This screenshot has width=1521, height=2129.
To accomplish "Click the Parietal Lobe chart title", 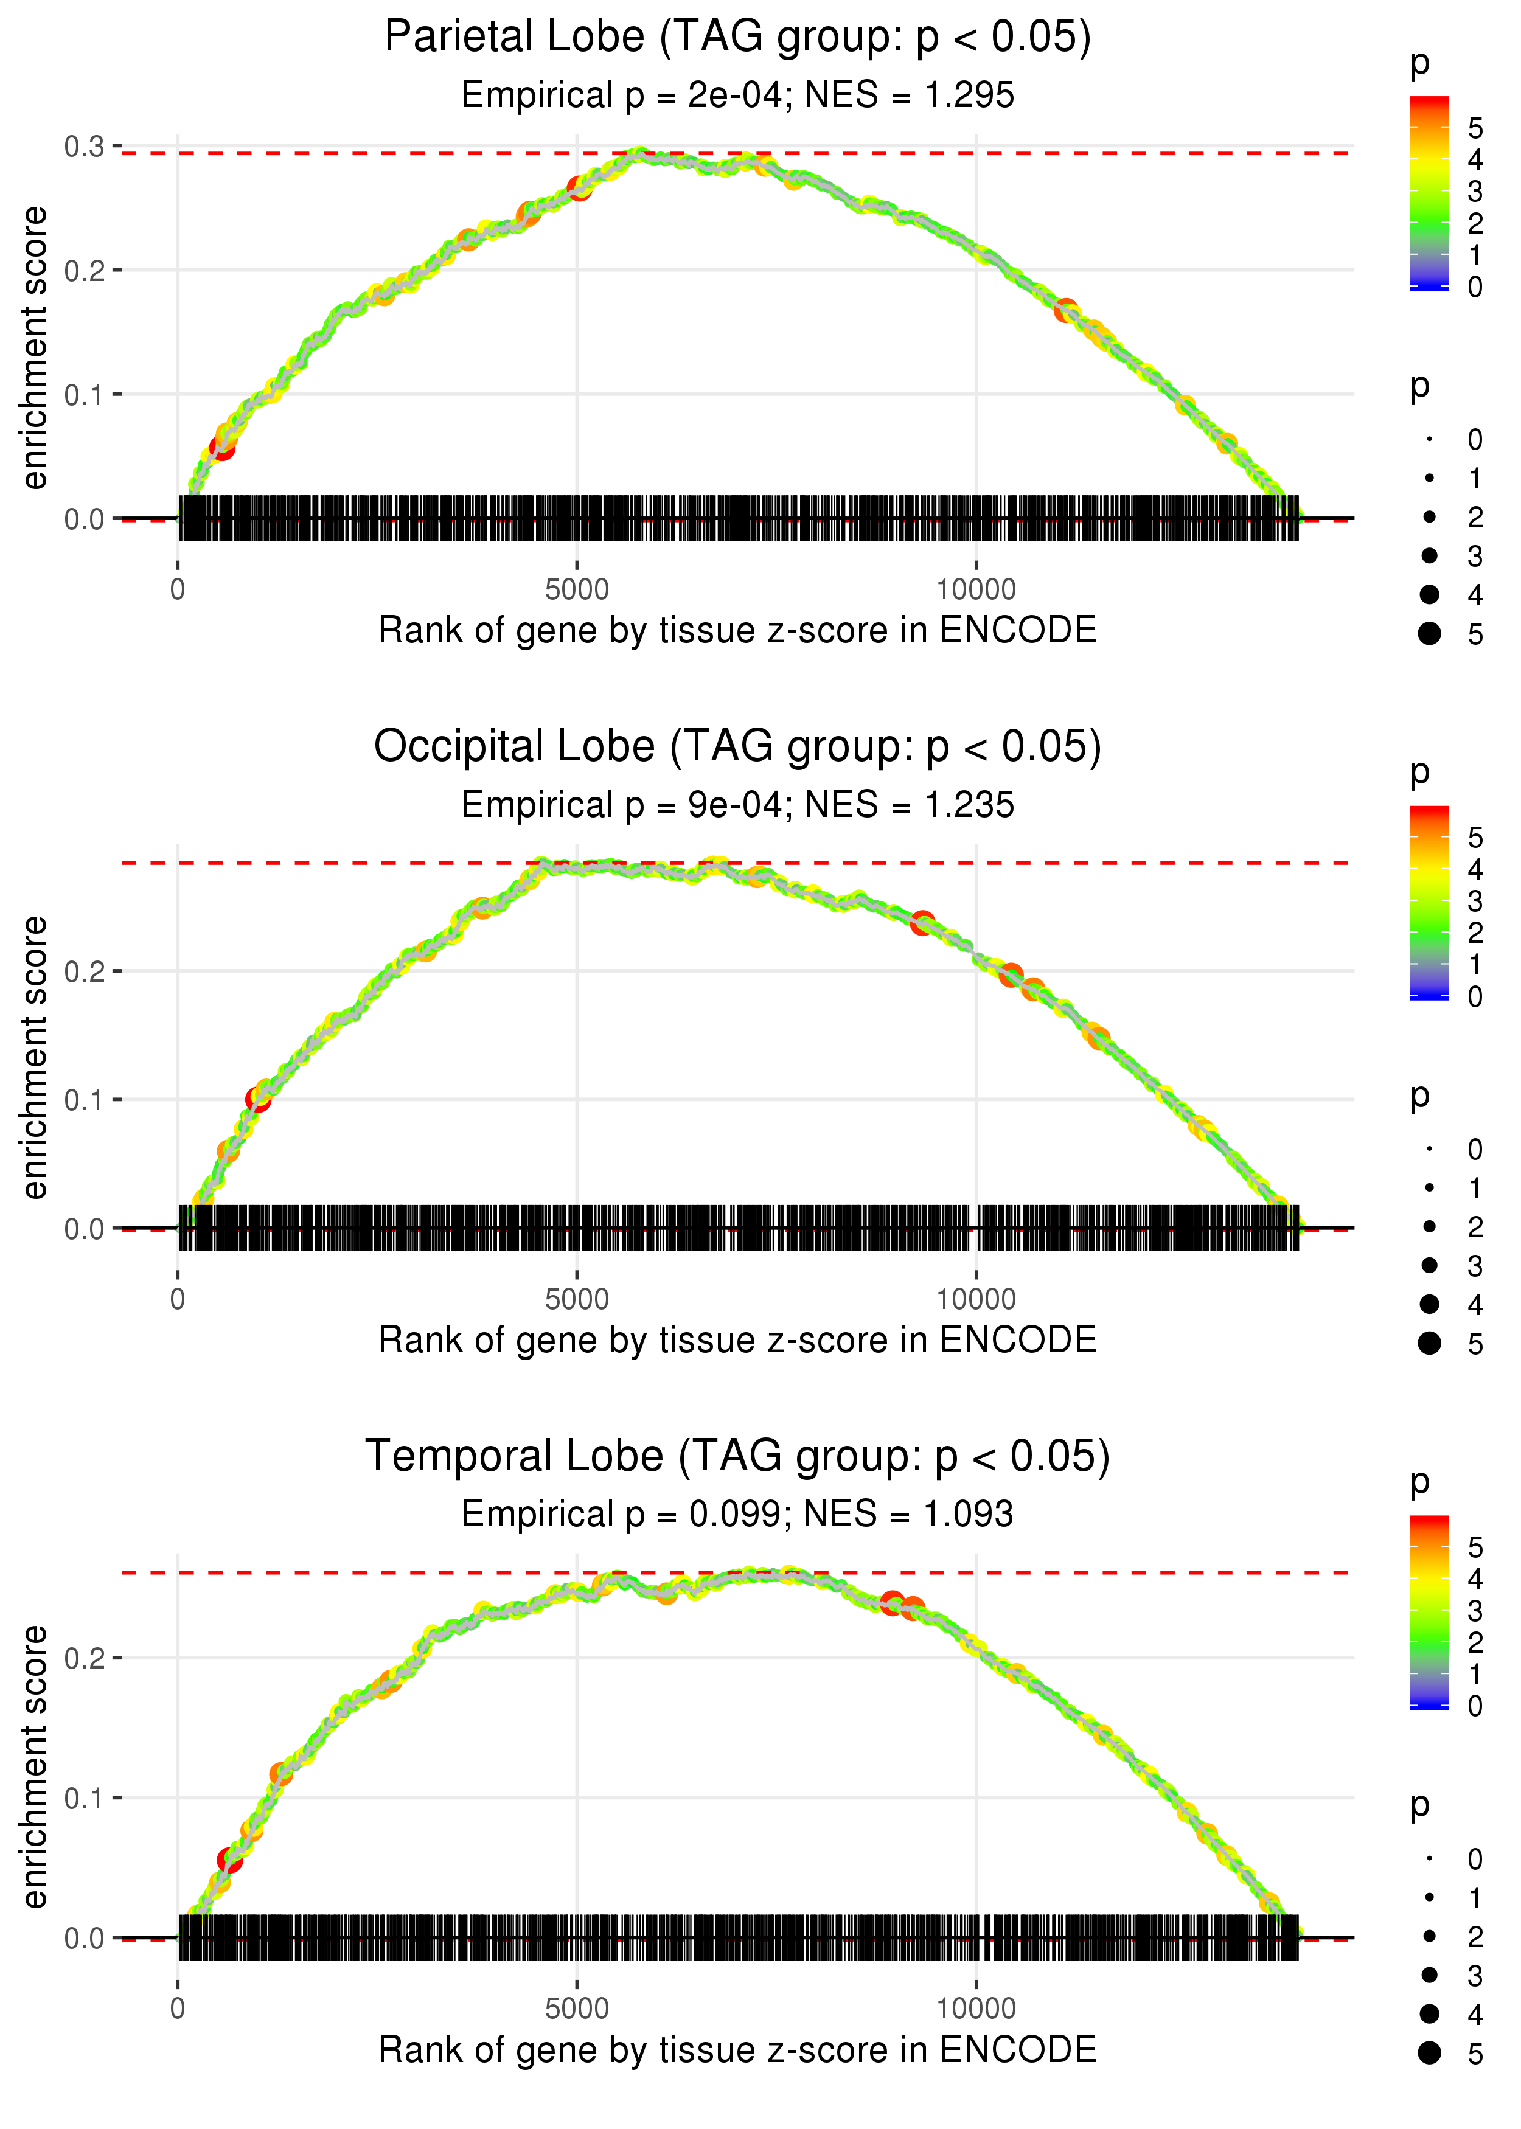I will click(737, 38).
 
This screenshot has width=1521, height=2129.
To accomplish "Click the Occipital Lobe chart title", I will click(737, 747).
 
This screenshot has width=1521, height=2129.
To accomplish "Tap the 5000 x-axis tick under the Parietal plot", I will click(577, 590).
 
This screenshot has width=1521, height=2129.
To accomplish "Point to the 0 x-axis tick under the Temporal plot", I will click(178, 2008).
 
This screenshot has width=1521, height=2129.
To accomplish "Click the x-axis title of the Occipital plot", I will click(737, 1340).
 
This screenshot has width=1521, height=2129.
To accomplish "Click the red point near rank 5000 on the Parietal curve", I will click(580, 188).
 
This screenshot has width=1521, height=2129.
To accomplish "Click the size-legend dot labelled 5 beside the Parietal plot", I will click(1429, 634).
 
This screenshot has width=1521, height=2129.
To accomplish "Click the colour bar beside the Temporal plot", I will click(1429, 1610).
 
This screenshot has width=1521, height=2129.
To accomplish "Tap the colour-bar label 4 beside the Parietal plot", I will click(1475, 160).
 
